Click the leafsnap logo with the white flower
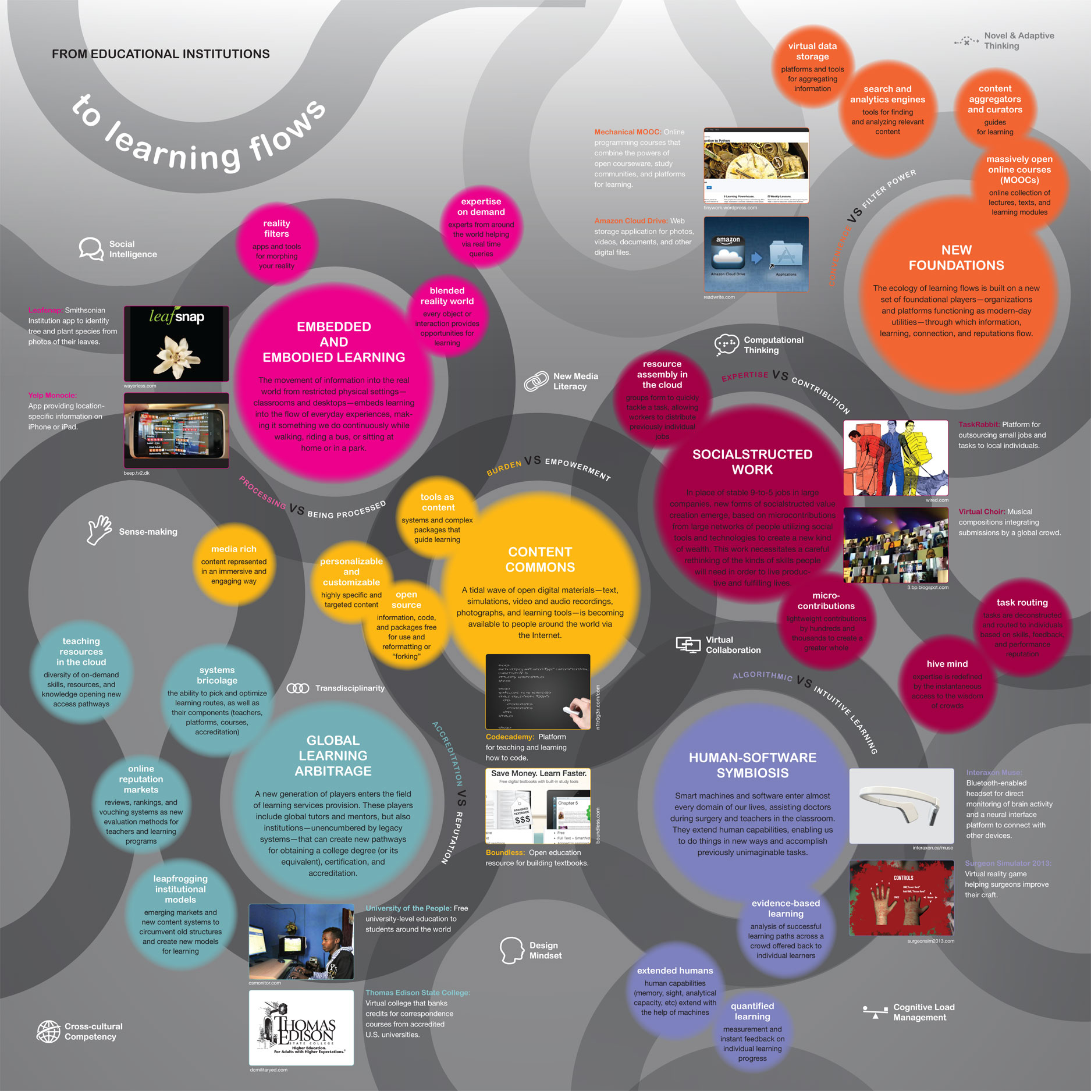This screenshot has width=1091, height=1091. (176, 343)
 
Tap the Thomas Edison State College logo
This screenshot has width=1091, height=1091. (301, 1028)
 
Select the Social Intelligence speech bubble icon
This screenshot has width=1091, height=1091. (91, 249)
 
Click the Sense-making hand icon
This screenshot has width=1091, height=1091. (99, 530)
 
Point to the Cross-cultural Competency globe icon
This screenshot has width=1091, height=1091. (48, 1032)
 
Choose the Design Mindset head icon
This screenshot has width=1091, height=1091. (511, 950)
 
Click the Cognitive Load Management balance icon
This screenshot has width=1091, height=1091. (875, 1012)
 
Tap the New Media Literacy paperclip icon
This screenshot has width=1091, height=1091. (536, 381)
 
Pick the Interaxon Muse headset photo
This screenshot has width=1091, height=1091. (901, 806)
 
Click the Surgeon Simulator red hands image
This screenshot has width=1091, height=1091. (901, 898)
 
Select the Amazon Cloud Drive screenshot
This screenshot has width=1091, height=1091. (756, 254)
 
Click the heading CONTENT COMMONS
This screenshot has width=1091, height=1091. (540, 560)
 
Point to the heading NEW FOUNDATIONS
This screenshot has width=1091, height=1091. (956, 258)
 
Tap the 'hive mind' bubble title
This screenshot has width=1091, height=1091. (947, 664)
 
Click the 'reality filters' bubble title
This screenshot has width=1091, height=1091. (276, 229)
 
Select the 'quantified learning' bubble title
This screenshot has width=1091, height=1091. (752, 1011)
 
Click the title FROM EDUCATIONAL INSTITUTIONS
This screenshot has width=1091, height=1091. (161, 54)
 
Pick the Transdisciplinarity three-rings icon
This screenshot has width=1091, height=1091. (298, 688)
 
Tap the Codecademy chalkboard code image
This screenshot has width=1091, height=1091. (538, 692)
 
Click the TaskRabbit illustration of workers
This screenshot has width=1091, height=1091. (895, 458)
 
